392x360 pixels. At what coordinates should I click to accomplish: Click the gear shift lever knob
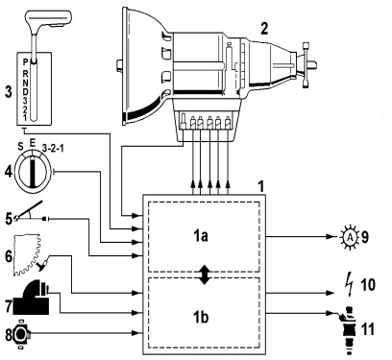(49, 18)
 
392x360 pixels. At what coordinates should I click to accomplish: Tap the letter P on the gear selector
(26, 62)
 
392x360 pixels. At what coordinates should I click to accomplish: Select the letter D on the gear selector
(26, 91)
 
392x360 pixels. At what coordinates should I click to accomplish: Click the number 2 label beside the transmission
(264, 29)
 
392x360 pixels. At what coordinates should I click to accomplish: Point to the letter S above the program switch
(20, 147)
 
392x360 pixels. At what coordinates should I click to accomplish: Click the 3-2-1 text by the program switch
(53, 149)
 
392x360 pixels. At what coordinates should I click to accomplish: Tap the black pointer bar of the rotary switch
(33, 171)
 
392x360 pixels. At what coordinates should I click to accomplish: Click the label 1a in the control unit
(201, 236)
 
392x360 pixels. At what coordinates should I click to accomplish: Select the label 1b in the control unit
(201, 317)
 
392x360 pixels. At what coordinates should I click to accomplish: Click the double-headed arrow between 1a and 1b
(205, 275)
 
